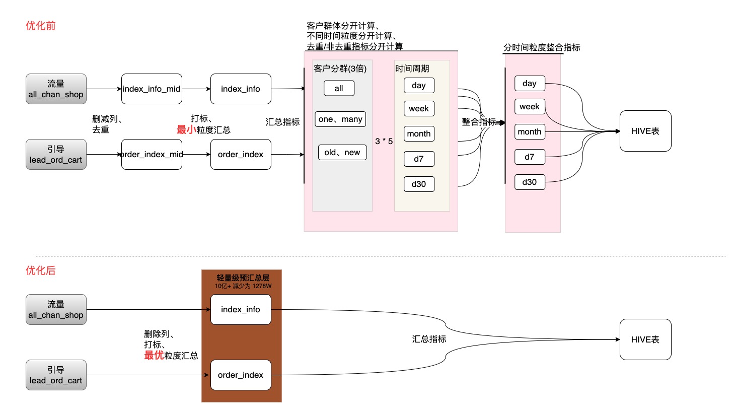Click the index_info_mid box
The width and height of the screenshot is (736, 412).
152,89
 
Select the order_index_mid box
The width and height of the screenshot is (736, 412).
152,154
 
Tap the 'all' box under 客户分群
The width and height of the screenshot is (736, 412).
339,88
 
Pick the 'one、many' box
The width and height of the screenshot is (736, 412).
340,119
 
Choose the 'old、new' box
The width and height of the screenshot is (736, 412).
342,152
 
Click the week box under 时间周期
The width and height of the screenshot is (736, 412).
419,108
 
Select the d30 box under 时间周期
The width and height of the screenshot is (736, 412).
419,184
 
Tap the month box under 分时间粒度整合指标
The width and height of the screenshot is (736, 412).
530,131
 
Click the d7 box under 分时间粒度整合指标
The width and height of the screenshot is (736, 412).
530,157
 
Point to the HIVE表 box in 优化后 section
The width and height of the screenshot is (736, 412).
645,339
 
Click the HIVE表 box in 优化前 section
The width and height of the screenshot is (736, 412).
645,131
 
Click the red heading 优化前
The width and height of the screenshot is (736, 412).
41,26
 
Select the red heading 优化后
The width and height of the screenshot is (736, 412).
41,270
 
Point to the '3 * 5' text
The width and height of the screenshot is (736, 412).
384,141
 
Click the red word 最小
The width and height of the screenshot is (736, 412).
186,129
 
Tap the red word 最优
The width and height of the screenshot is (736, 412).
154,355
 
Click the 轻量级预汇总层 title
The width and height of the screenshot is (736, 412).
243,278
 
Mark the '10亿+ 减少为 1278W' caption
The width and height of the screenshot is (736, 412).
243,286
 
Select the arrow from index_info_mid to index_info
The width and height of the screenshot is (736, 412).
196,89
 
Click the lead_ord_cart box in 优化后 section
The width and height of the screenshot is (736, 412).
56,375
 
